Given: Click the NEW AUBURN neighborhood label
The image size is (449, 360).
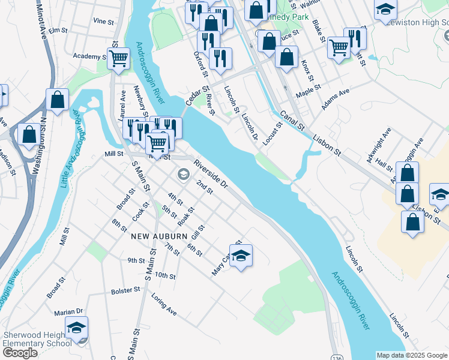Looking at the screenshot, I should tap(155, 236).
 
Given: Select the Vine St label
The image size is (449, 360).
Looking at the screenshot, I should tap(103, 21).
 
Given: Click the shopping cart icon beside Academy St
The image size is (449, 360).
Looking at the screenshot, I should tap(119, 58).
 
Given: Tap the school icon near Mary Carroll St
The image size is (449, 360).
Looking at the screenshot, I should tap(241, 255).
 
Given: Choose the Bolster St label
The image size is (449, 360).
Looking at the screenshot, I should tap(125, 290).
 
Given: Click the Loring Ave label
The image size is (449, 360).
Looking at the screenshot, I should tap(164, 305).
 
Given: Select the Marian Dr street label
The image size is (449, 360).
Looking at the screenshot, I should tap(68, 312).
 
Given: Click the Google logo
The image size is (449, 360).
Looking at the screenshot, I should tap(20, 353).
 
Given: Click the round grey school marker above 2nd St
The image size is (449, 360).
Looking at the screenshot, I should tap(183, 175).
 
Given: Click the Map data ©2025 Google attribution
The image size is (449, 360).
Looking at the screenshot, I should tap(412, 355).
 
